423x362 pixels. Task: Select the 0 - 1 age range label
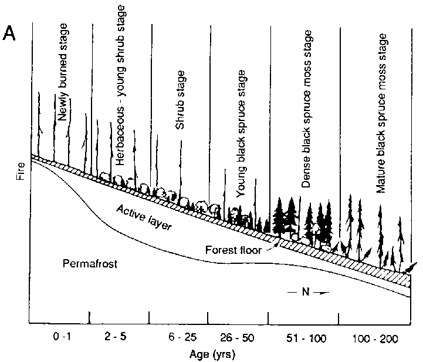pos(60,338)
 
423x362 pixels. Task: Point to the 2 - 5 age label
pos(119,338)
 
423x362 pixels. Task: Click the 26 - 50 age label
pos(238,338)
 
